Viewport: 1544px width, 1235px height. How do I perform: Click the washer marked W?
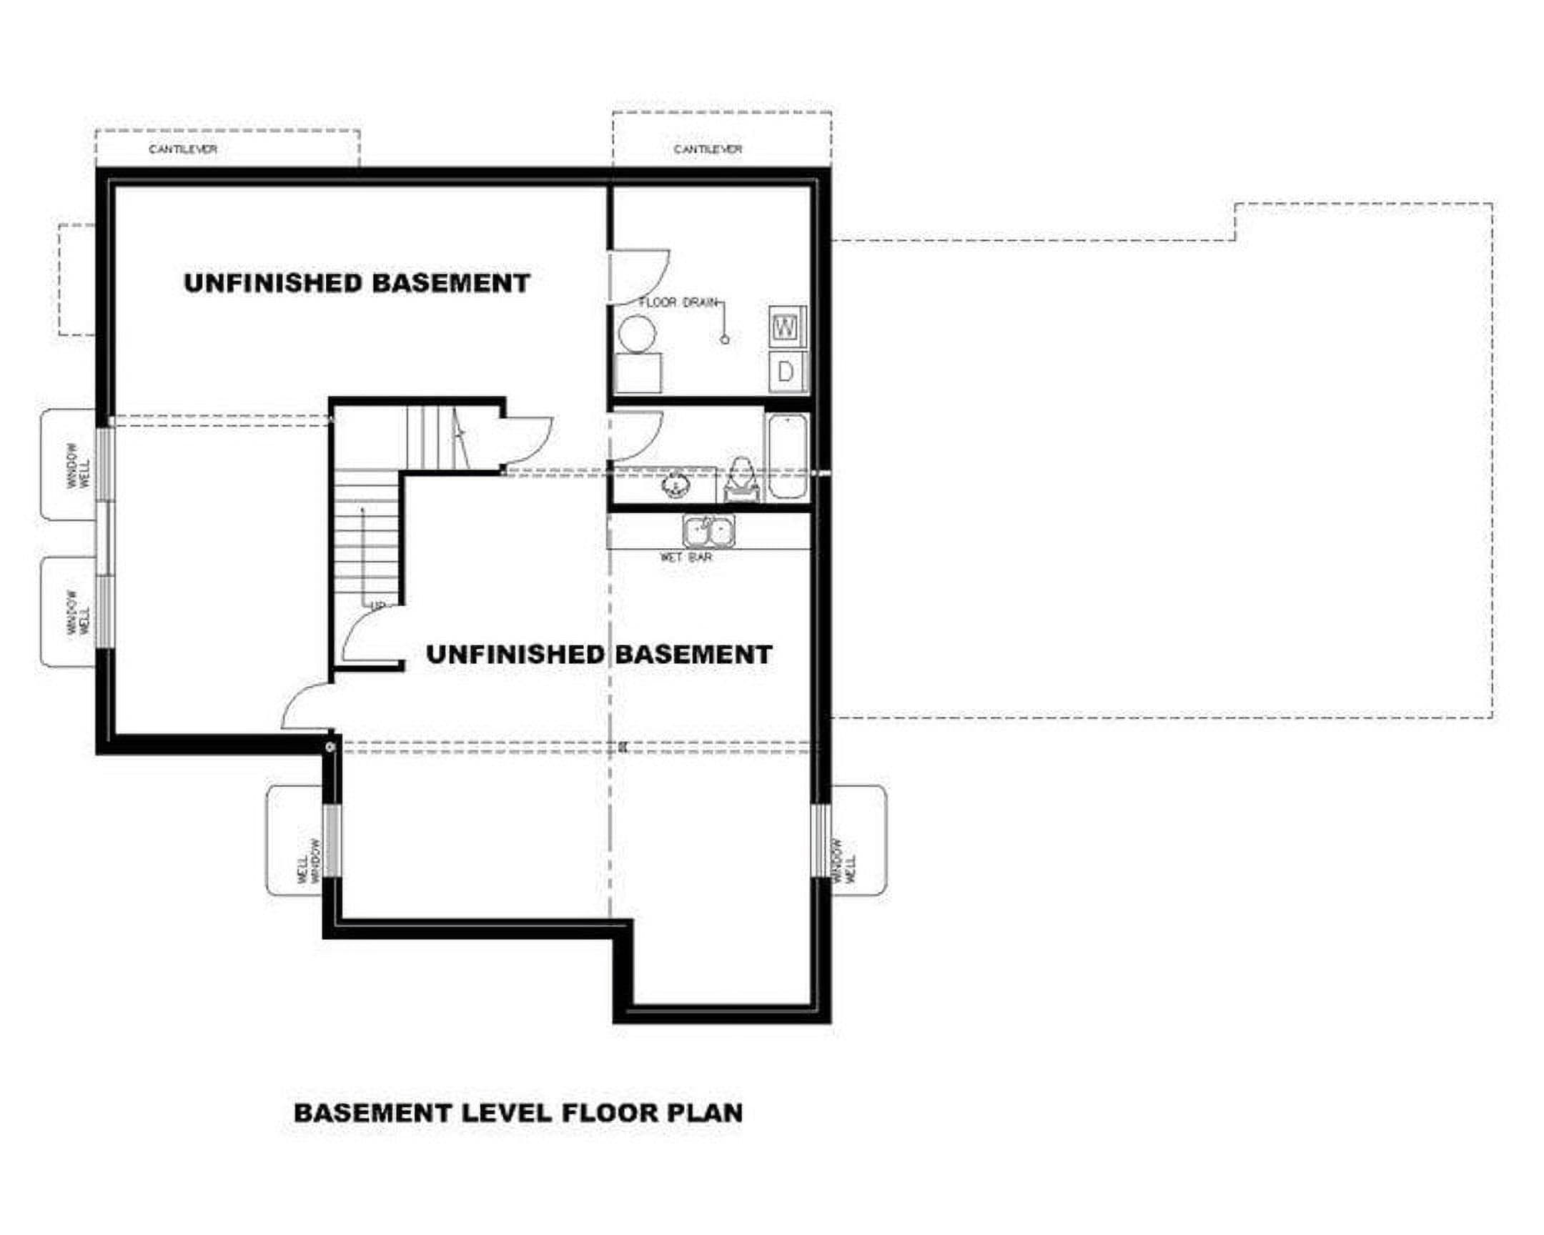tap(788, 327)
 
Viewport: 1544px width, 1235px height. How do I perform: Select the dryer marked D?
tap(788, 372)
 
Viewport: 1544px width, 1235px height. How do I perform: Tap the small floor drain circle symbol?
tap(725, 339)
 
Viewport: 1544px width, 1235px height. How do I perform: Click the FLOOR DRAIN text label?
tap(678, 303)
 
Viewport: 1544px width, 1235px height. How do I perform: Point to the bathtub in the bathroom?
tap(787, 456)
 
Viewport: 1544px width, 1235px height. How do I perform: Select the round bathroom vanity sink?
tap(675, 485)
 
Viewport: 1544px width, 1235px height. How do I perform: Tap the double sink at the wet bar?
tap(708, 532)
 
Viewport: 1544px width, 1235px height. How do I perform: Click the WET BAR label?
tap(686, 557)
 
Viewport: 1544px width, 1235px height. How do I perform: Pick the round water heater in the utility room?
tap(637, 334)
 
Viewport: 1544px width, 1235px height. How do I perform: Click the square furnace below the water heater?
tap(638, 372)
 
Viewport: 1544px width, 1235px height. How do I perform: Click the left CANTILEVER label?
tap(182, 149)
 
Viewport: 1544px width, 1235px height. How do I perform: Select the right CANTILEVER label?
tap(708, 149)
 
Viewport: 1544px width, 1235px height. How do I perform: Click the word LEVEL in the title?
tap(505, 1113)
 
